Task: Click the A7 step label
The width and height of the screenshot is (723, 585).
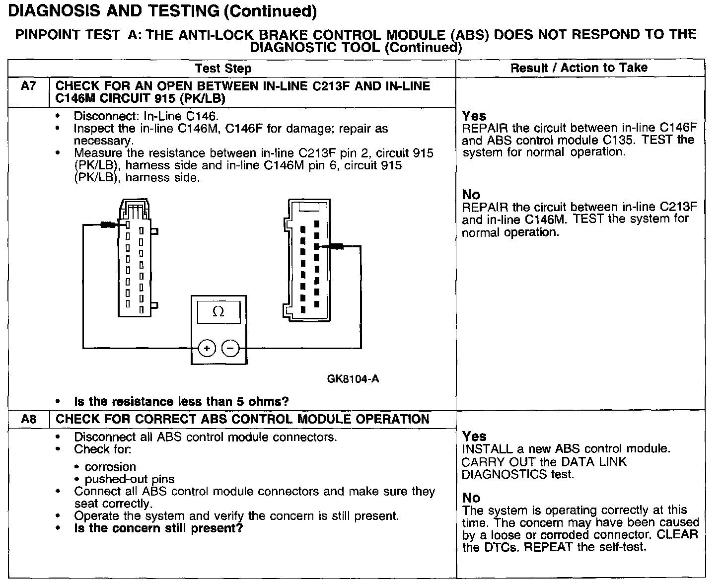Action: coord(29,86)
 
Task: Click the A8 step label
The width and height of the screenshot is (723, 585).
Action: coord(29,419)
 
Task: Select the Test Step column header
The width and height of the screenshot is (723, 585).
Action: coord(223,69)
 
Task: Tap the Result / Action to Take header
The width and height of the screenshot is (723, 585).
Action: coord(579,68)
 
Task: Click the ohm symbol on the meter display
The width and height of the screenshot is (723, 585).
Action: coord(218,312)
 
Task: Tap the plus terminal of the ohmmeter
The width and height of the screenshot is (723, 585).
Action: coord(207,349)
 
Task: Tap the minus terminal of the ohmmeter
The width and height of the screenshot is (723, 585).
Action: coord(230,349)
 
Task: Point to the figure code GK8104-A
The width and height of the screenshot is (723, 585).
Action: coord(353,379)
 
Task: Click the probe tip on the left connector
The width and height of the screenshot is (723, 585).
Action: coord(109,225)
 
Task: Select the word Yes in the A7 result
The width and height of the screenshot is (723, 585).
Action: coord(474,116)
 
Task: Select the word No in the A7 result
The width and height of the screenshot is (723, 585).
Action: coord(471,195)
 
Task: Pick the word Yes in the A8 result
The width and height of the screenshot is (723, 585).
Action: coord(474,437)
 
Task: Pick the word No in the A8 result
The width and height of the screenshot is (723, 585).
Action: coord(471,498)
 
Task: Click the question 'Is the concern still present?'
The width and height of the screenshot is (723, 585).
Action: coord(158,528)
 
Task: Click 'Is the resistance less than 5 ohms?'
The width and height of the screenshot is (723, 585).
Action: coord(181,401)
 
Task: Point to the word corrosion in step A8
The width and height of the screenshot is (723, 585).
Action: coord(110,467)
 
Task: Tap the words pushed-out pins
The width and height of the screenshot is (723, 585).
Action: coord(130,479)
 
